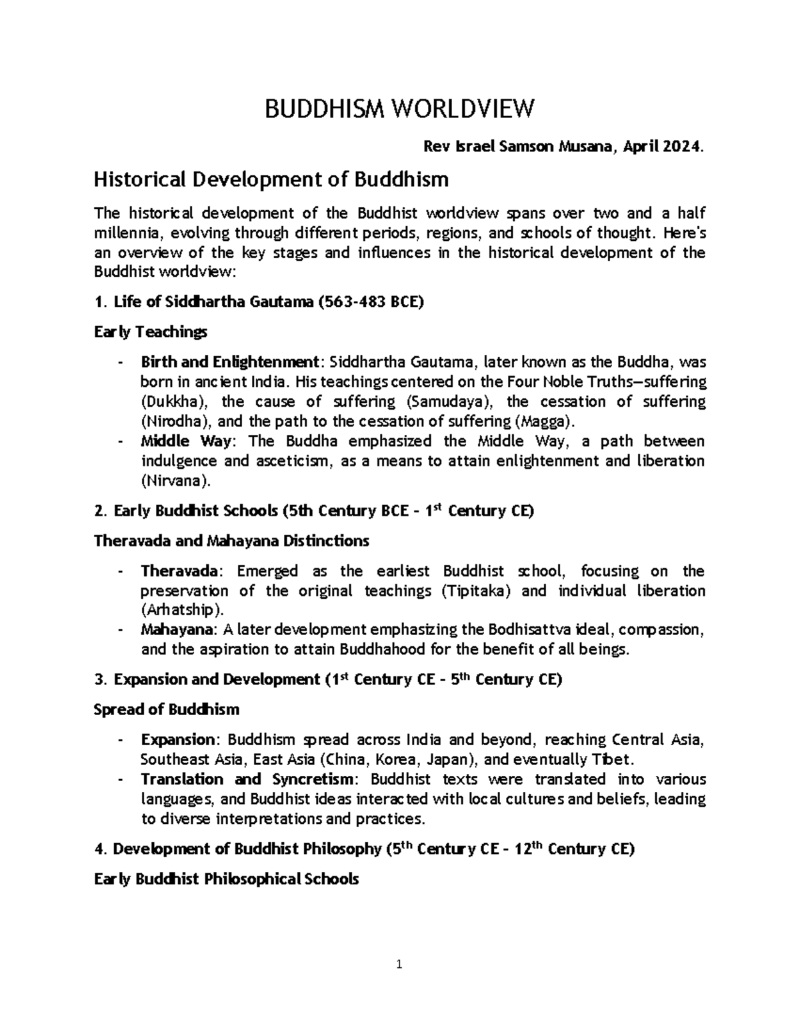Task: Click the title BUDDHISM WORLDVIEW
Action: click(x=399, y=109)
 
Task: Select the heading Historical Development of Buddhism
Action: click(x=271, y=179)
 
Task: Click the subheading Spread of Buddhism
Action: click(x=167, y=709)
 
